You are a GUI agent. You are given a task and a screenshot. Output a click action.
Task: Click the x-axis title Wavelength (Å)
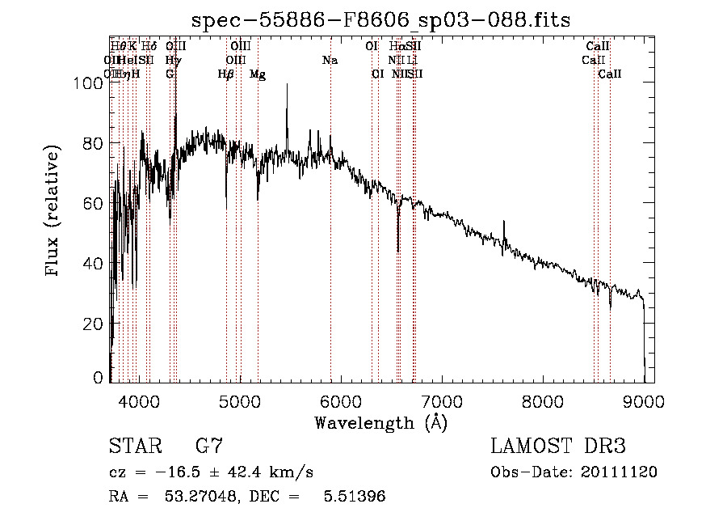click(380, 422)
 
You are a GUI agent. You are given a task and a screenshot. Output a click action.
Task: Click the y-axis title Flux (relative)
click(53, 212)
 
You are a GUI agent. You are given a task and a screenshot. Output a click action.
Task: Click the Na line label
click(330, 61)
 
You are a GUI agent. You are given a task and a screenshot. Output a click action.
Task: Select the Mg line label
click(258, 74)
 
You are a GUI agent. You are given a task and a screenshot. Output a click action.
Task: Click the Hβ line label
click(226, 74)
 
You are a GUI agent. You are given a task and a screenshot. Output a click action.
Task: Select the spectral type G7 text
click(209, 446)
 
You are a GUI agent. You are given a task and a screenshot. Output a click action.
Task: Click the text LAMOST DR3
click(558, 446)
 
